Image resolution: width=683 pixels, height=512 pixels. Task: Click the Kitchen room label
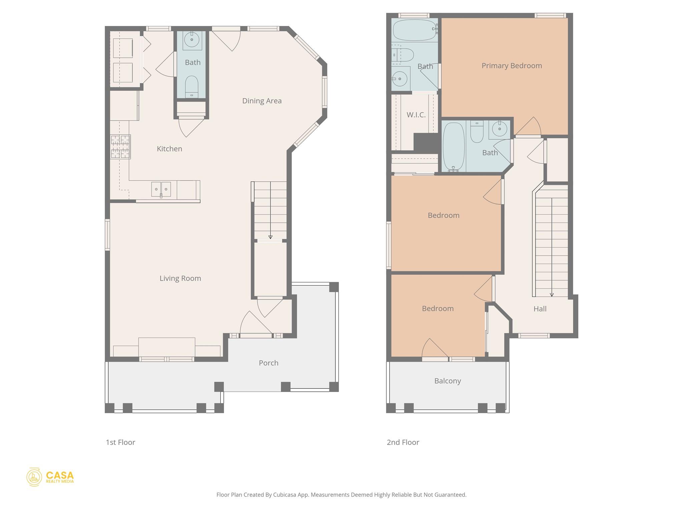pos(169,149)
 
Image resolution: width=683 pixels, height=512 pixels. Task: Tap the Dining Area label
pos(262,101)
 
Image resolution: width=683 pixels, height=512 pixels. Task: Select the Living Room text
pos(180,278)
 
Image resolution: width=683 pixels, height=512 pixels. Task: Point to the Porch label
pos(268,363)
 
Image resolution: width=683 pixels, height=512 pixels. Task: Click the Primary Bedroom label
pos(512,66)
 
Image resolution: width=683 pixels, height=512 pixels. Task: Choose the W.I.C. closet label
pos(416,115)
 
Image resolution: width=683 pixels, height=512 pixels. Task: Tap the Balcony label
pos(448,381)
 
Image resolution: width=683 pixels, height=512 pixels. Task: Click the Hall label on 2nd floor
pos(540,309)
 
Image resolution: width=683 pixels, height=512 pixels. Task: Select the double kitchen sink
pos(161,189)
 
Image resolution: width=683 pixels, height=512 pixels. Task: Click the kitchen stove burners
pos(120,147)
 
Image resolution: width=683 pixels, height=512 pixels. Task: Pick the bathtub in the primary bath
pos(415,30)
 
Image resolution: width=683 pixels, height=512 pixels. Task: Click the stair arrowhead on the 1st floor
pos(270,237)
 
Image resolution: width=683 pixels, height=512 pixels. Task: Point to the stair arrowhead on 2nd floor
pos(552,295)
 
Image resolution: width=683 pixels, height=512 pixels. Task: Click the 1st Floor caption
pos(120,442)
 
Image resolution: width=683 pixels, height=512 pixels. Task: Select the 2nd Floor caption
pos(403,442)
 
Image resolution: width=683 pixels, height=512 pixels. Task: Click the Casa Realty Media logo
pos(50,477)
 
